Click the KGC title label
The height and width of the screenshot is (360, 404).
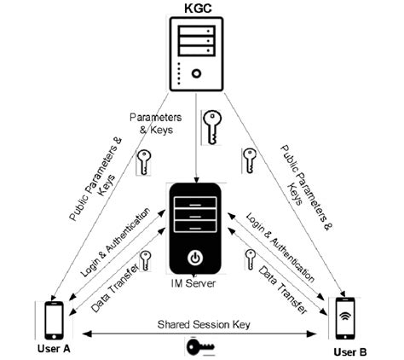[198, 9]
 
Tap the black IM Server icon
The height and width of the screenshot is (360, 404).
[196, 226]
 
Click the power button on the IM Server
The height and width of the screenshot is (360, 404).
[196, 256]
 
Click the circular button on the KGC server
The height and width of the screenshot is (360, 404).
[198, 73]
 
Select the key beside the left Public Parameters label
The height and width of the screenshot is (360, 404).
[144, 162]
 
